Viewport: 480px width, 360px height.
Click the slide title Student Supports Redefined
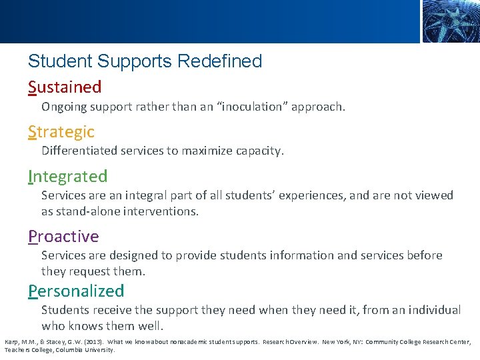[x=145, y=61]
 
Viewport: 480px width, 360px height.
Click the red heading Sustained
[x=65, y=87]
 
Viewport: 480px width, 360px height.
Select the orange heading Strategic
[x=61, y=132]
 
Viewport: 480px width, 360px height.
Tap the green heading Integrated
[x=67, y=177]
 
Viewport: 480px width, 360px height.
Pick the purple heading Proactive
[x=63, y=237]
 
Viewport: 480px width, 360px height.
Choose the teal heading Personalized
[x=76, y=291]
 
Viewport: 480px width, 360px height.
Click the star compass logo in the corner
[x=450, y=21]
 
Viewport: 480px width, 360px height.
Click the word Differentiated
[x=79, y=151]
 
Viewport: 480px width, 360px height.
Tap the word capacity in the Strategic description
[x=257, y=151]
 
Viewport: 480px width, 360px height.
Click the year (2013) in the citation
[x=91, y=342]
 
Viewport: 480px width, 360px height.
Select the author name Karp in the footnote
[x=12, y=342]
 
